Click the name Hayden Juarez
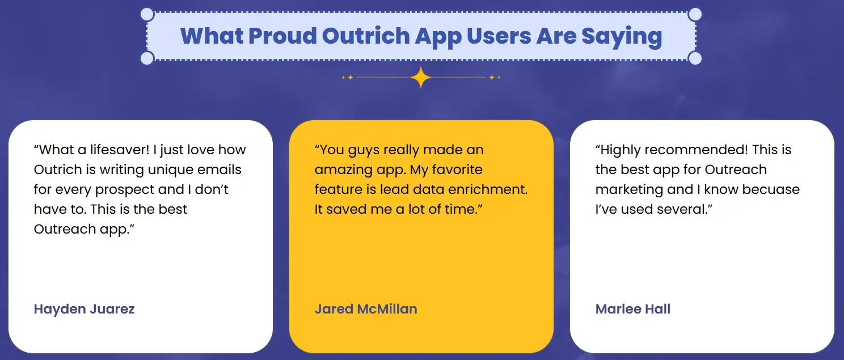pyautogui.click(x=84, y=309)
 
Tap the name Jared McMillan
pyautogui.click(x=366, y=309)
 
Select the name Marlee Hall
pyautogui.click(x=632, y=309)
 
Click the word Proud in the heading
pyautogui.click(x=282, y=36)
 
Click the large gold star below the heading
pyautogui.click(x=421, y=77)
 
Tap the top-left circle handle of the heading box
pyautogui.click(x=147, y=15)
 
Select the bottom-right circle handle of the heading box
pyautogui.click(x=695, y=58)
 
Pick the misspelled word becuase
pyautogui.click(x=770, y=189)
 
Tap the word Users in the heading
pyautogui.click(x=499, y=36)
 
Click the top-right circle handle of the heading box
pyautogui.click(x=695, y=15)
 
